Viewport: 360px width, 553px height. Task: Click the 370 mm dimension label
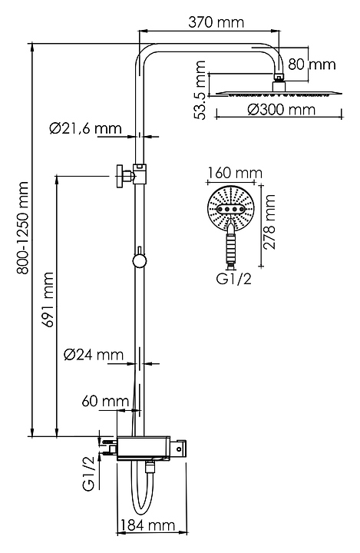(x=216, y=22)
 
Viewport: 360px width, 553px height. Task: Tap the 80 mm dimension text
(x=312, y=65)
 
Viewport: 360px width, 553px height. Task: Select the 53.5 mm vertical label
(x=200, y=91)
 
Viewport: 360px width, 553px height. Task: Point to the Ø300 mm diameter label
(x=281, y=110)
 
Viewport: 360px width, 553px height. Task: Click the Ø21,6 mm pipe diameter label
(x=86, y=128)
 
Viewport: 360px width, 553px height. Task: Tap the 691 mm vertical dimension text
(x=48, y=300)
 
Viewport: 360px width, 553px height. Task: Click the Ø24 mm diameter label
(x=94, y=354)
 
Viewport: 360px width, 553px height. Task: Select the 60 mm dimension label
(x=105, y=401)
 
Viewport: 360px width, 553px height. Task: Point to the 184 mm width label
(x=147, y=526)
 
